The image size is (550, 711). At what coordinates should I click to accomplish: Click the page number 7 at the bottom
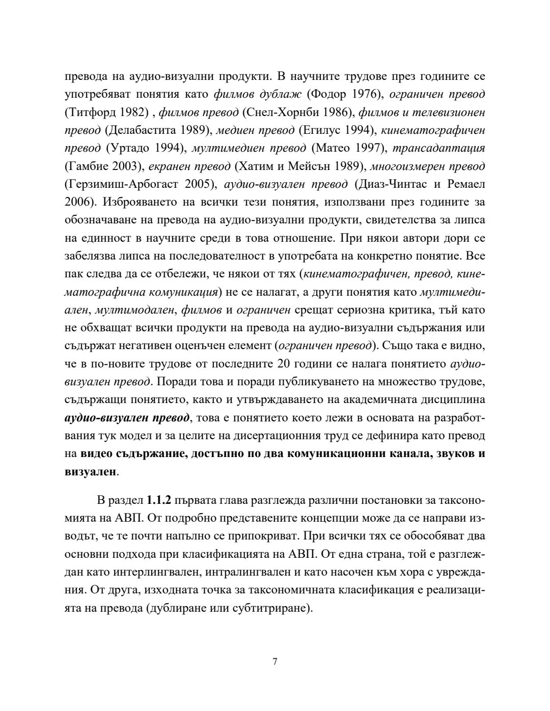point(275,662)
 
